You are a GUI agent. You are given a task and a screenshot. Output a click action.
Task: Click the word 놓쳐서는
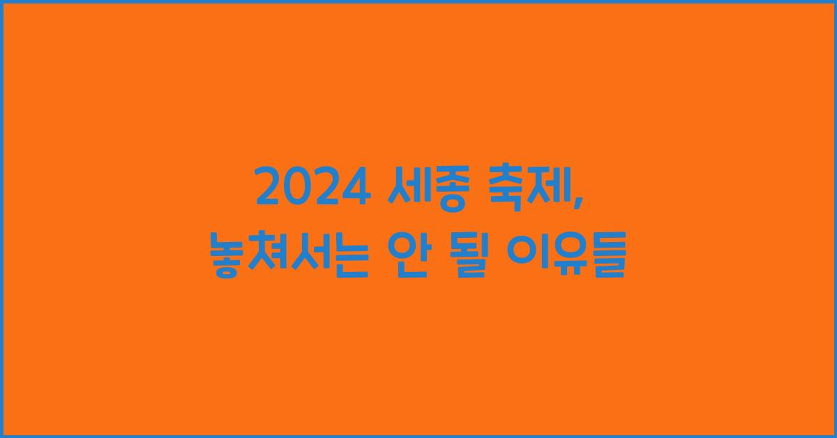click(289, 259)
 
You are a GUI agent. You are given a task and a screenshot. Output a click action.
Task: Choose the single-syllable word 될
click(474, 259)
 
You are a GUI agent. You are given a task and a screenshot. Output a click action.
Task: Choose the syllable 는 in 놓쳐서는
click(348, 259)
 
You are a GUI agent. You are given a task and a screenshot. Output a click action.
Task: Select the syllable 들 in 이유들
click(606, 259)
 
